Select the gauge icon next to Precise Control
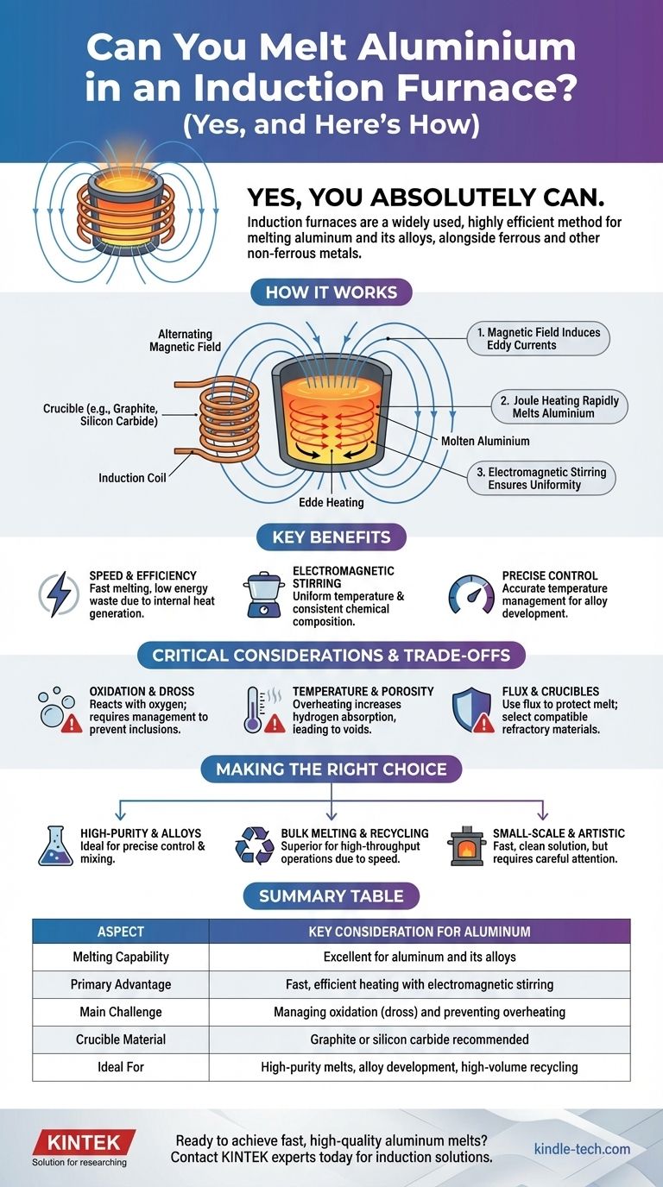(x=471, y=594)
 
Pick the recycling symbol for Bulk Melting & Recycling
(x=255, y=845)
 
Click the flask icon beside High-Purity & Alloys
(x=55, y=845)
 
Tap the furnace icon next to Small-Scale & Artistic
(x=466, y=845)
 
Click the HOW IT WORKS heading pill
(x=331, y=292)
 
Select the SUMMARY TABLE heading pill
(x=331, y=895)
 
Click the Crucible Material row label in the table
(x=120, y=1039)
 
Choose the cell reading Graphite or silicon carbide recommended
(x=419, y=1039)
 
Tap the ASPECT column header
(x=120, y=932)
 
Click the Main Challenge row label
(x=120, y=1012)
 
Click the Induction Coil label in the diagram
(x=133, y=477)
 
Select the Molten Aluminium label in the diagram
(x=485, y=441)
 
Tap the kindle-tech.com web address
(x=582, y=1149)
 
